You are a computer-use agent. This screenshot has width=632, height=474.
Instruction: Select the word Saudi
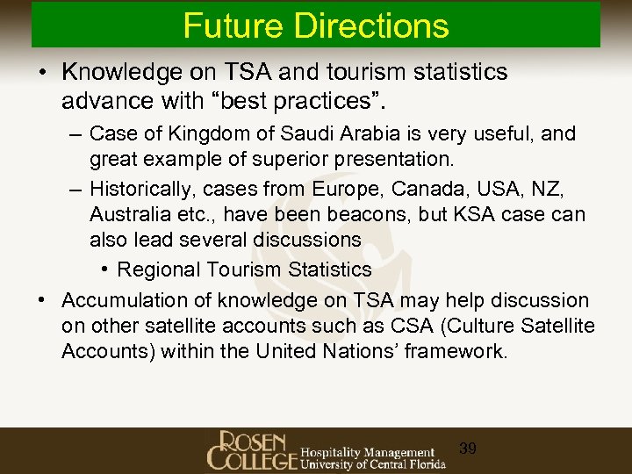pyautogui.click(x=306, y=134)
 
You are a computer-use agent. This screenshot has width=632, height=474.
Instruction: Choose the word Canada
pyautogui.click(x=413, y=190)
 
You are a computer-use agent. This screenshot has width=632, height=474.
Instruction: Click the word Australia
pyautogui.click(x=128, y=215)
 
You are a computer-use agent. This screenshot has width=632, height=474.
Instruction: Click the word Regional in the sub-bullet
pyautogui.click(x=156, y=269)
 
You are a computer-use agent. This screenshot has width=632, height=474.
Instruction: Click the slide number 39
pyautogui.click(x=468, y=449)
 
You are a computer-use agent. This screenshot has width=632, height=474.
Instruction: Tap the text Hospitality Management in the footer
pyautogui.click(x=367, y=453)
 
